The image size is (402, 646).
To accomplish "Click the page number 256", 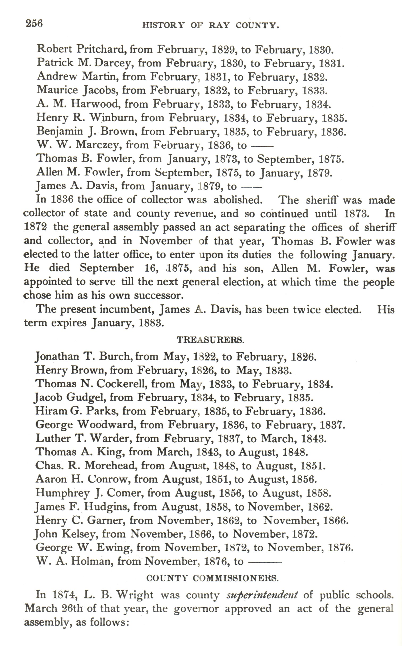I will [x=34, y=24].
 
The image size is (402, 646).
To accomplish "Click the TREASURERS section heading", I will [x=210, y=340].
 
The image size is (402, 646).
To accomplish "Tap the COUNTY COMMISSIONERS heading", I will [x=212, y=578].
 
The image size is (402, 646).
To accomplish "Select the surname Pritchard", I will [x=101, y=49].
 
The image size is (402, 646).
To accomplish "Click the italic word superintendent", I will [x=262, y=595].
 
